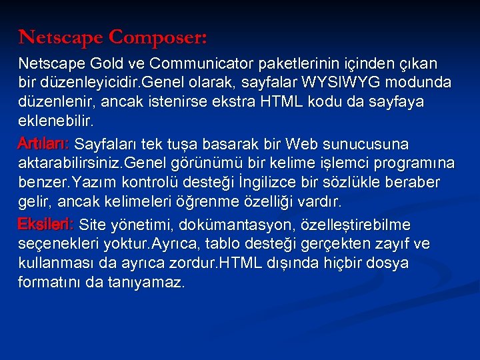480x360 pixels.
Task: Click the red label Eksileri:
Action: coord(46,224)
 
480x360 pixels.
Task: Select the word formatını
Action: coord(49,283)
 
